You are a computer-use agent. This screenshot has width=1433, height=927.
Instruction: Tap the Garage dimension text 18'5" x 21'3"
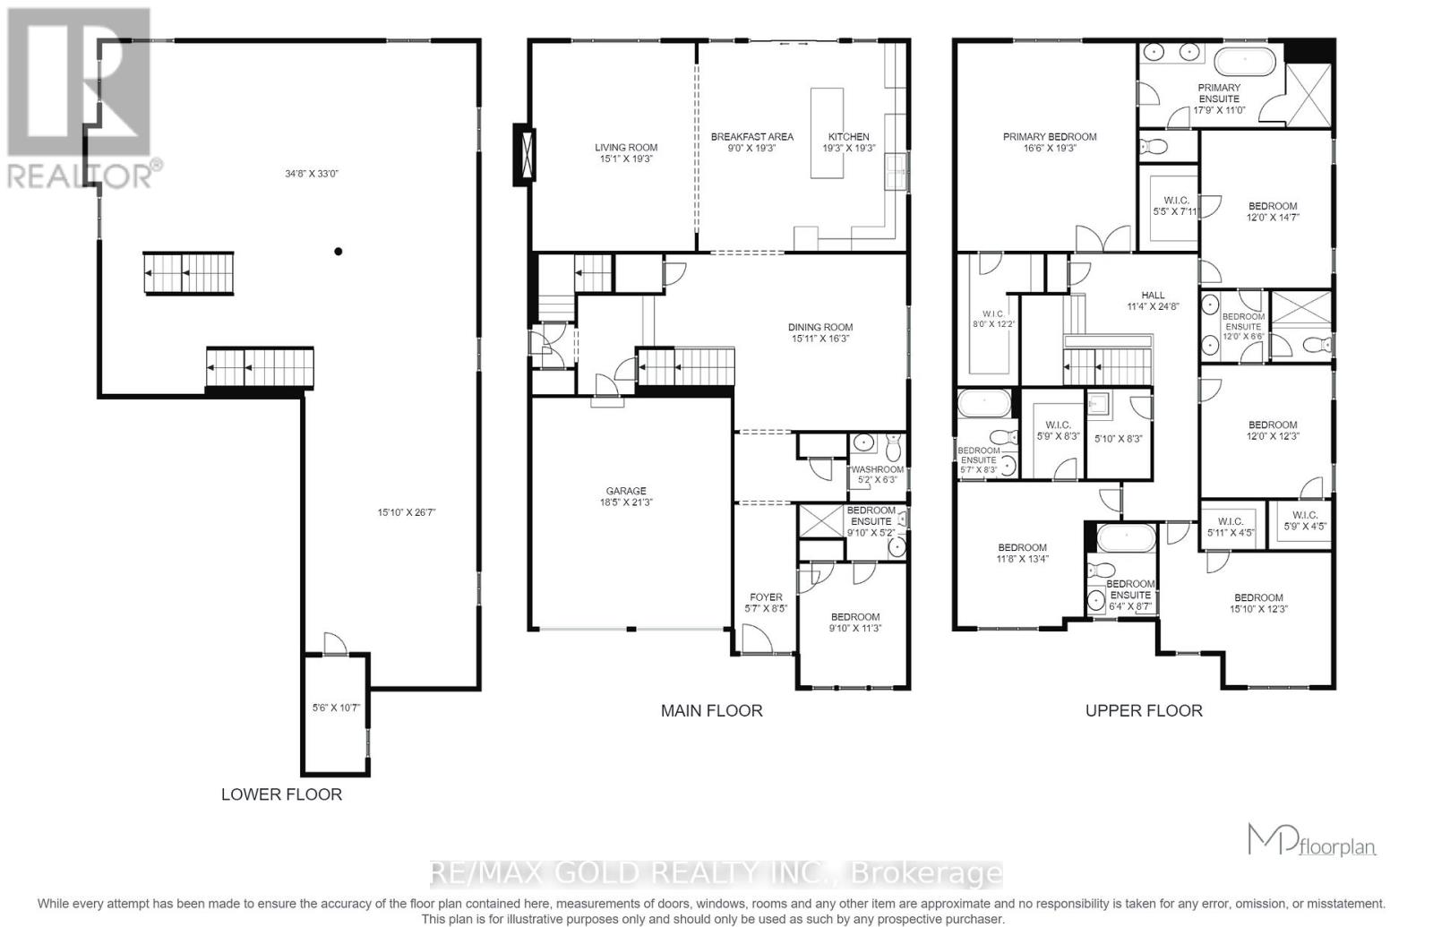tap(626, 502)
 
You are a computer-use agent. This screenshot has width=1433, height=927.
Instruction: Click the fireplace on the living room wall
tap(524, 155)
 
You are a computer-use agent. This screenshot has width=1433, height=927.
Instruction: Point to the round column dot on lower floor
tap(339, 252)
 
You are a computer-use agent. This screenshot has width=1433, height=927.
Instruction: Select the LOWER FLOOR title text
tap(281, 794)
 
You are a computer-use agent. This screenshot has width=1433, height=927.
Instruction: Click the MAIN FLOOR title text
tap(711, 710)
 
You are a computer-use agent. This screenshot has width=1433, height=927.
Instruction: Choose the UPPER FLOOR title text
tap(1144, 710)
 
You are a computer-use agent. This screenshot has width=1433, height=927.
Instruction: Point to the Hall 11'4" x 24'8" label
tap(1153, 300)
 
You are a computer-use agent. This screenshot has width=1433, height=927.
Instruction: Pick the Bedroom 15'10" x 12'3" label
tap(1258, 603)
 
